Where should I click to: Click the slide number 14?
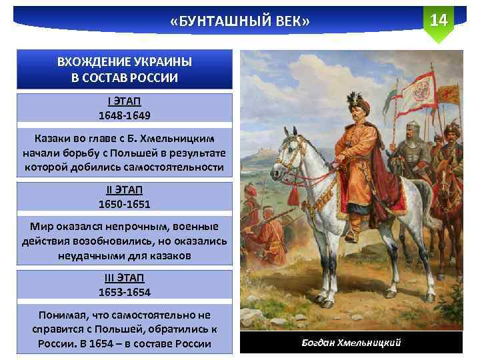pyautogui.click(x=438, y=19)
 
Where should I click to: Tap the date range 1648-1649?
pyautogui.click(x=125, y=115)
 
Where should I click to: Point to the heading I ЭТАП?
pyautogui.click(x=125, y=102)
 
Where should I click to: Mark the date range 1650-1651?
pyautogui.click(x=125, y=204)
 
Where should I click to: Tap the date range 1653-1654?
pyautogui.click(x=125, y=292)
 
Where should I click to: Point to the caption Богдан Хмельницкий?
pyautogui.click(x=351, y=343)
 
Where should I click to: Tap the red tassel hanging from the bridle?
pyautogui.click(x=293, y=195)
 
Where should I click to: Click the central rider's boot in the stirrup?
pyautogui.click(x=351, y=233)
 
